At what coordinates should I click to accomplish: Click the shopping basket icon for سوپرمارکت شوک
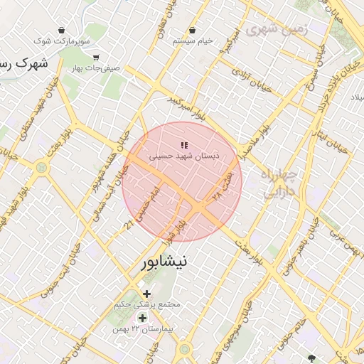(x=63, y=31)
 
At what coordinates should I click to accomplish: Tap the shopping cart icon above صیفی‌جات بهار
(x=96, y=58)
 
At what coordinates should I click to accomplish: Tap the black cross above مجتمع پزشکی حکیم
(x=146, y=294)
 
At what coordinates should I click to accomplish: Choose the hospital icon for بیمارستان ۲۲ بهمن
(x=142, y=318)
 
